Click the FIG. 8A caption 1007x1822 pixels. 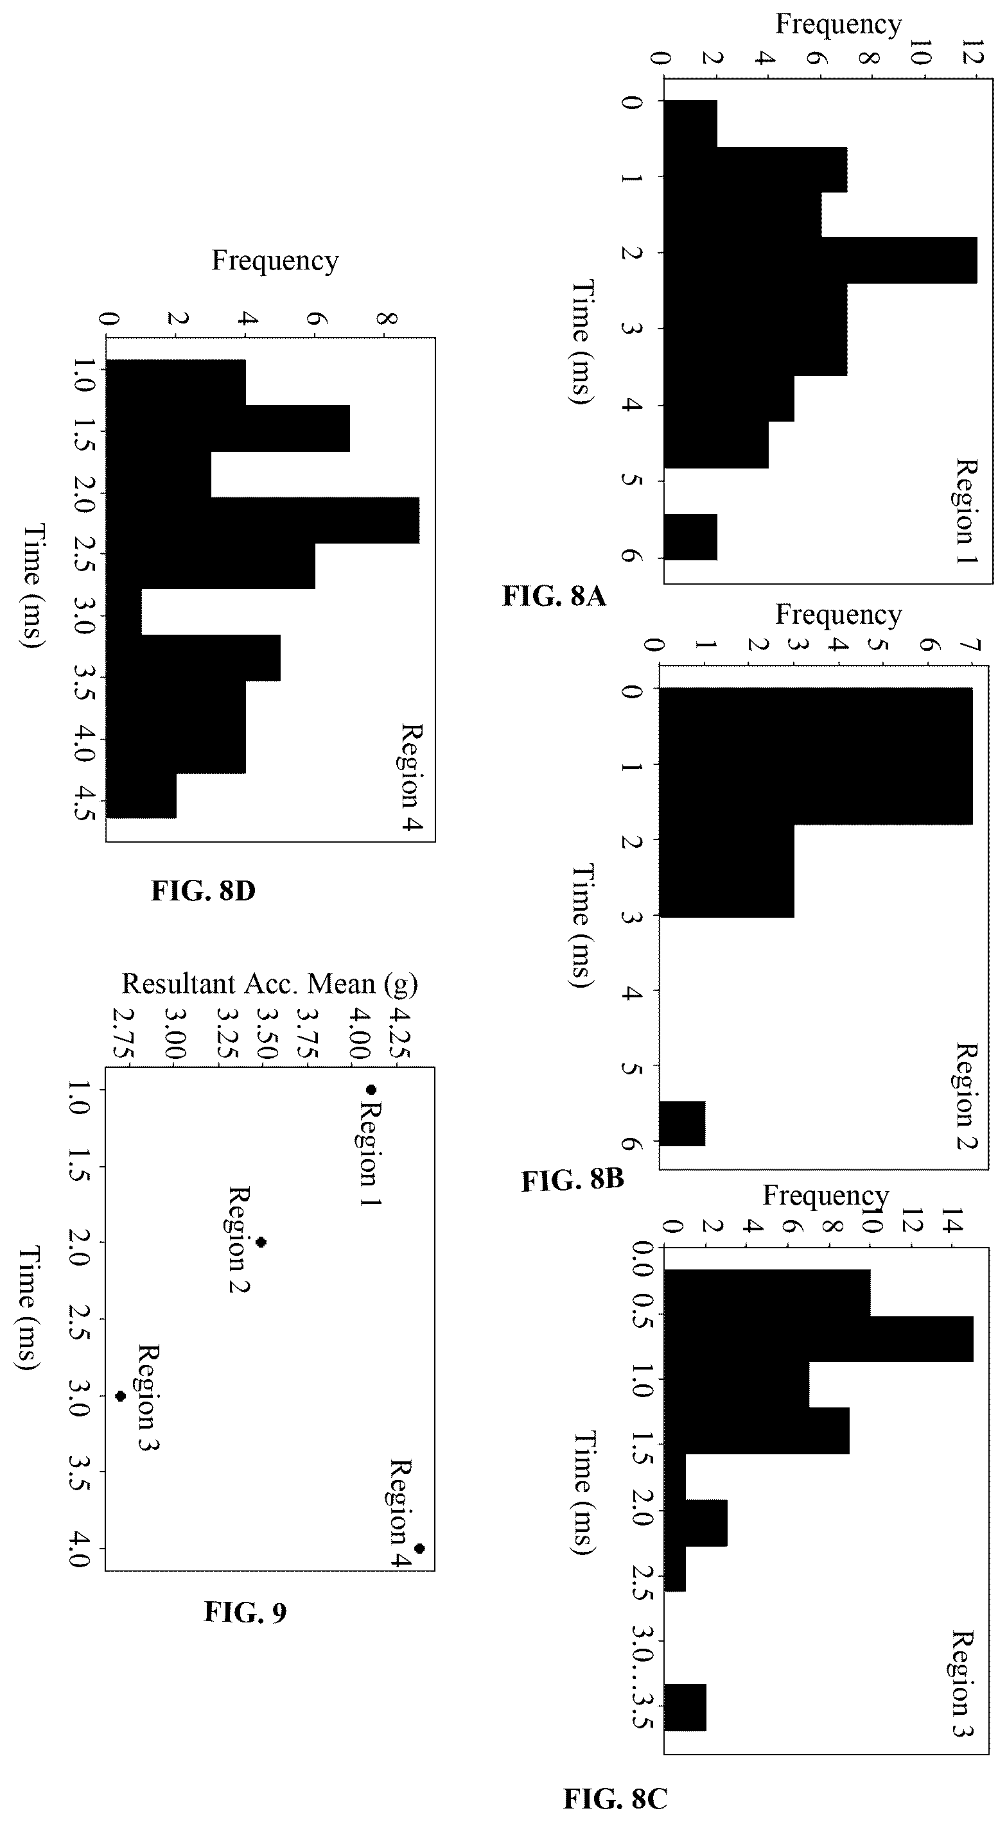554,596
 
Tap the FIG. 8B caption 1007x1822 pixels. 572,1180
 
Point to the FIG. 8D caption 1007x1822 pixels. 203,891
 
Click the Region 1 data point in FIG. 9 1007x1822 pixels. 371,1089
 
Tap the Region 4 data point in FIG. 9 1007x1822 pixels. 419,1548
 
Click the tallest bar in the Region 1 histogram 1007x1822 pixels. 821,261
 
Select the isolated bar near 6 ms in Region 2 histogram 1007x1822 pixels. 682,1124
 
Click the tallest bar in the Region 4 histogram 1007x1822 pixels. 263,520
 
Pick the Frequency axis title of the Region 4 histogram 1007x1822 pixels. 276,261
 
